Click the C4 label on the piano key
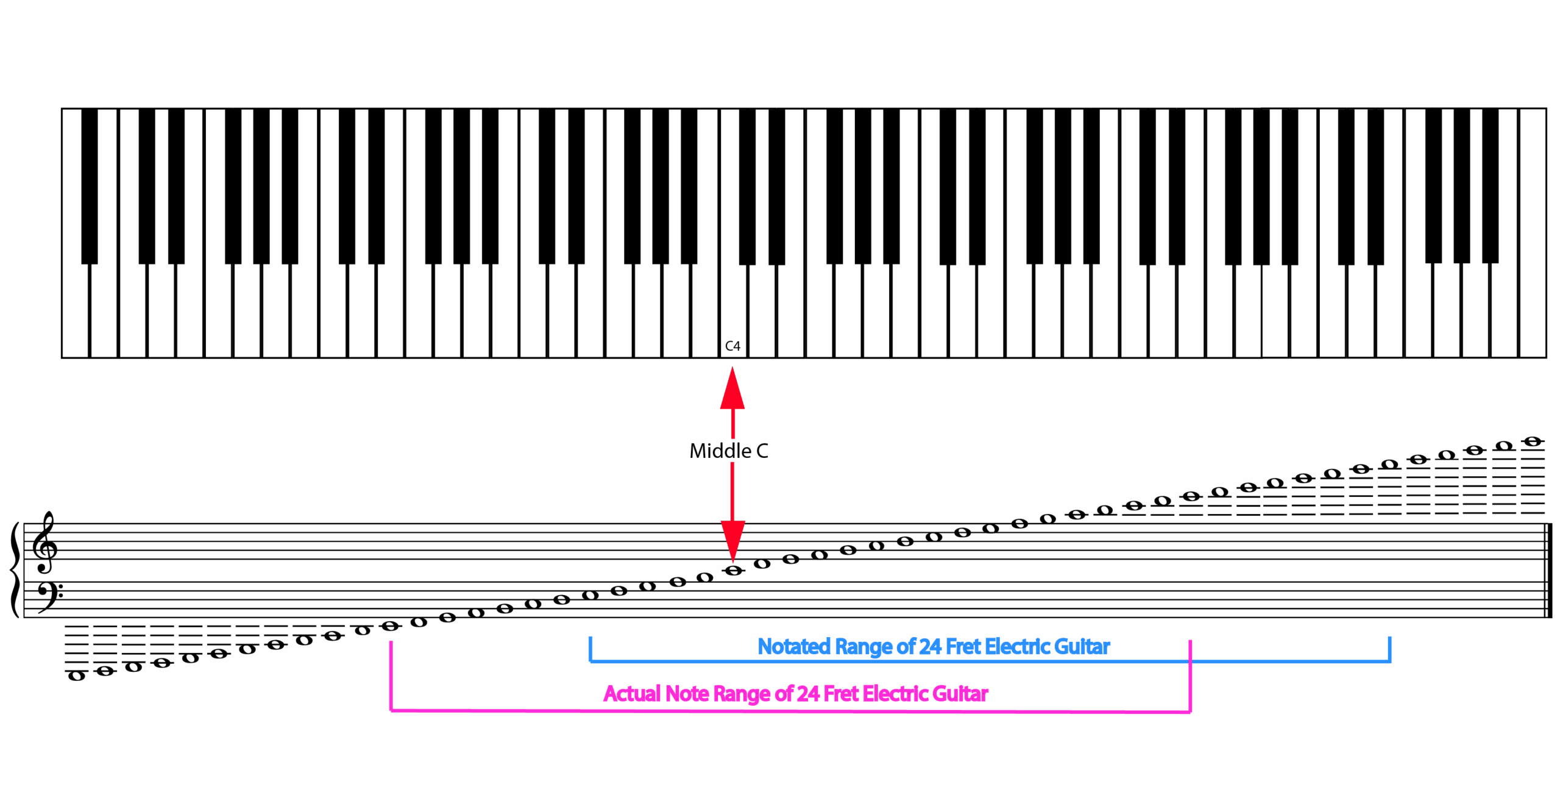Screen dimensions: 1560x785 tap(732, 346)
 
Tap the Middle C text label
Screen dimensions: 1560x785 tap(729, 451)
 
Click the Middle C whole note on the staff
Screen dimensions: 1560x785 tap(733, 571)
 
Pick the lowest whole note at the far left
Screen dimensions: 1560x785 tap(76, 675)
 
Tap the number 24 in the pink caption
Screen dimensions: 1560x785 tap(808, 694)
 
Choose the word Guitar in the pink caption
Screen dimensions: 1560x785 tap(960, 694)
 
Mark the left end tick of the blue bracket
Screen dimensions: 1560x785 tap(590, 649)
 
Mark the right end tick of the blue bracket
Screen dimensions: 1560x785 tap(1389, 649)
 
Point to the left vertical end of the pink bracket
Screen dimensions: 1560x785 tap(391, 675)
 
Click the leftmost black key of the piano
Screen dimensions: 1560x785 tap(90, 186)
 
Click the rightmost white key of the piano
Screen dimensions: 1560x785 tap(1533, 233)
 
